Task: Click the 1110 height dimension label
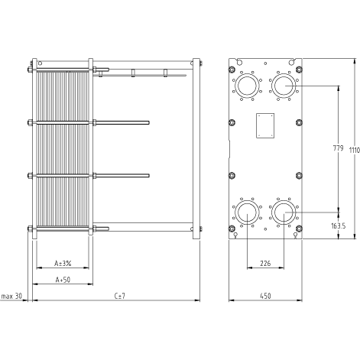355,150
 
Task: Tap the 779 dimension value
338,148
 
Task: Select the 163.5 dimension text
338,225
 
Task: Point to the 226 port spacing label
265,263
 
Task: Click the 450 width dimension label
265,296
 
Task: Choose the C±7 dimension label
120,296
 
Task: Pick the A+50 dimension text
63,280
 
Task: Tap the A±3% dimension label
63,263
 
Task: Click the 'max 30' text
11,296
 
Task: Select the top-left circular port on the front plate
247,86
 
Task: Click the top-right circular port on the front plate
284,86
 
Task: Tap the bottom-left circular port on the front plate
247,212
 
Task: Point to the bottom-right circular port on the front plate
284,212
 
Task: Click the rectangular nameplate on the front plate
265,125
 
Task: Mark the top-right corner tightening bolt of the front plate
299,70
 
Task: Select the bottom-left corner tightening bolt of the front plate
232,229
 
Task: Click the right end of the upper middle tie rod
149,123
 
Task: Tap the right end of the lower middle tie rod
149,176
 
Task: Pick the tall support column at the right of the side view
196,148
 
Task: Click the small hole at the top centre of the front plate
265,63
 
